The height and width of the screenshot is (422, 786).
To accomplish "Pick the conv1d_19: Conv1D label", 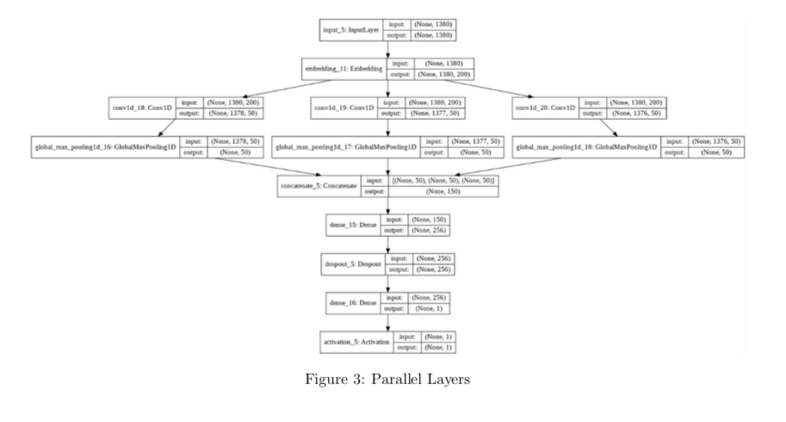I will click(x=343, y=109).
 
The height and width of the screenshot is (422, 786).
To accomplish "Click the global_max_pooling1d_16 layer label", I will click(x=106, y=147).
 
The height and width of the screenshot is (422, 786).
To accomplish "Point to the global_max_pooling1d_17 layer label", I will click(x=345, y=147).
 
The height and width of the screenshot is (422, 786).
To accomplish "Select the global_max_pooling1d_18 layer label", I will click(x=585, y=147).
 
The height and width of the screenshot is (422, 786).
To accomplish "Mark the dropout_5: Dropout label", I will click(x=350, y=264).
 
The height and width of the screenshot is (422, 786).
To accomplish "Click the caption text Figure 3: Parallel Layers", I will click(x=393, y=379).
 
